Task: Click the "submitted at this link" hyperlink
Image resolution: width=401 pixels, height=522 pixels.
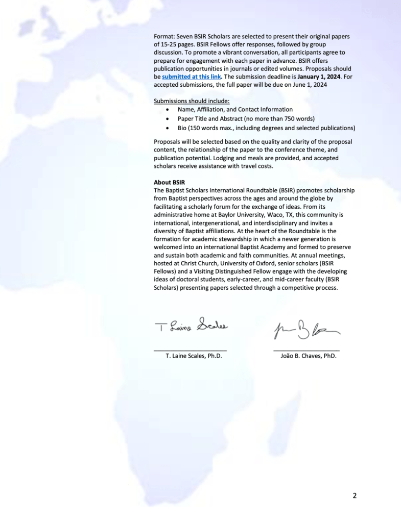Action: [x=191, y=77]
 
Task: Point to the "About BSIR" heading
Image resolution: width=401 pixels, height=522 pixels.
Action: [x=169, y=182]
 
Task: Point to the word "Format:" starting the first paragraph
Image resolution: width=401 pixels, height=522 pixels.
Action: [x=165, y=36]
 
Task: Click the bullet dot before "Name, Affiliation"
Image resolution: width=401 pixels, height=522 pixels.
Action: [x=168, y=110]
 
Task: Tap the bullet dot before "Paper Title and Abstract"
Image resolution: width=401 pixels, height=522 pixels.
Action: [x=168, y=119]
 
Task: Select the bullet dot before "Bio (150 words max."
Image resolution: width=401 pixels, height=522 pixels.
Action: [x=168, y=128]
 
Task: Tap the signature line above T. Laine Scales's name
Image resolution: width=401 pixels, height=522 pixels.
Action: [x=191, y=350]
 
